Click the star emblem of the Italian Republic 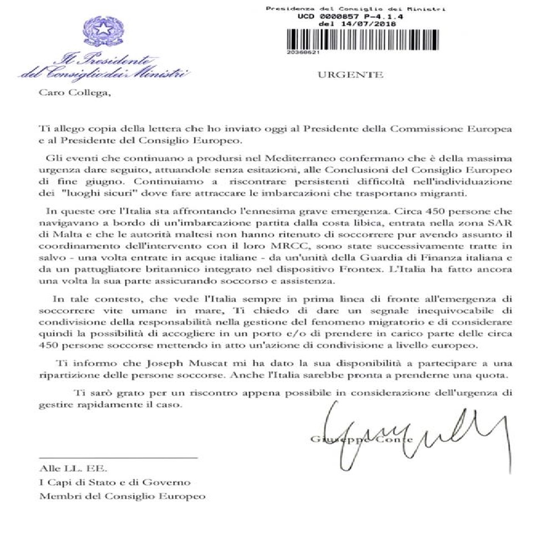[x=102, y=32]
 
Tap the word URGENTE [x=349, y=74]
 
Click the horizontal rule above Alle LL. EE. [x=118, y=457]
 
